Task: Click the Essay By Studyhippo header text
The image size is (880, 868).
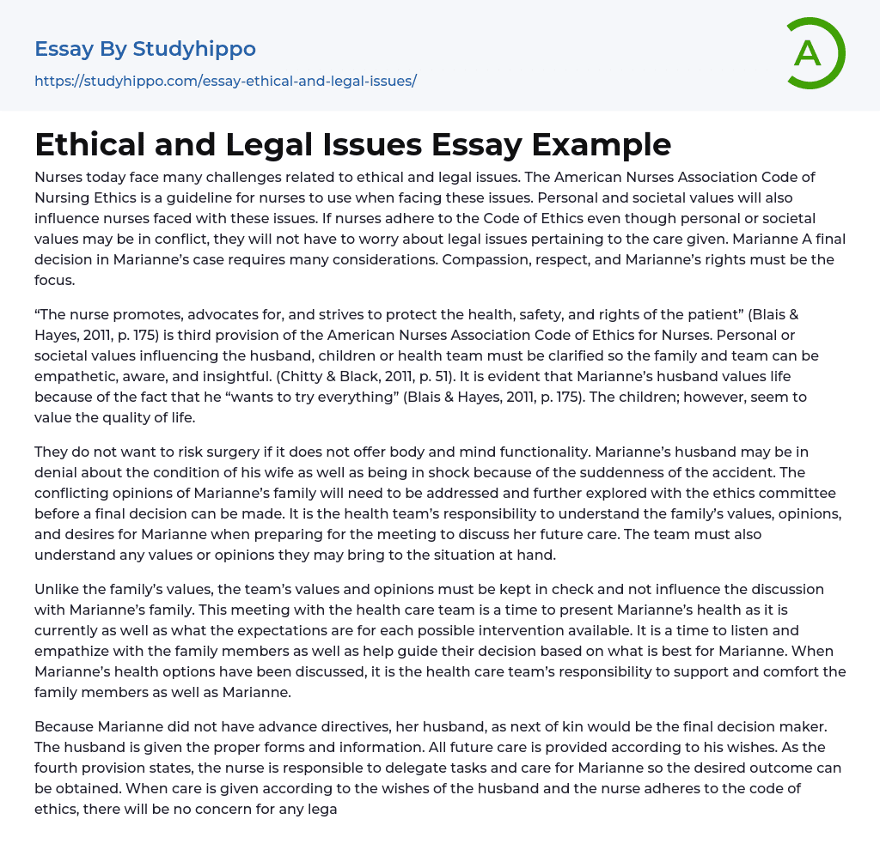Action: (x=145, y=49)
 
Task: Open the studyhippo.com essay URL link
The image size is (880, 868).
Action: (x=225, y=81)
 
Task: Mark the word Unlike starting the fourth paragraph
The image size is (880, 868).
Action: (x=58, y=589)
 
